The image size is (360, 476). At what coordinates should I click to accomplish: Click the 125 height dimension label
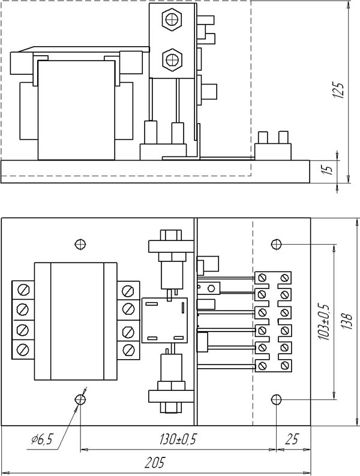click(339, 90)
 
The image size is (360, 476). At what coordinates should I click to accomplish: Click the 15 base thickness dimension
click(327, 169)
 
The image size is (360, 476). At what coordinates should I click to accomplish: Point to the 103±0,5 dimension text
click(325, 321)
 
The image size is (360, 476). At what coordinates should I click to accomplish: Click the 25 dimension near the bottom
click(292, 439)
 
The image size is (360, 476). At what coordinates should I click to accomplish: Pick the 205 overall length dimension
click(154, 463)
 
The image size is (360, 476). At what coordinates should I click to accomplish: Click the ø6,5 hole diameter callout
click(42, 439)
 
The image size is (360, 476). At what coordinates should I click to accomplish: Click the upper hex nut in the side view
click(172, 20)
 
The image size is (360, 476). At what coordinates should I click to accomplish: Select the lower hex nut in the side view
click(172, 59)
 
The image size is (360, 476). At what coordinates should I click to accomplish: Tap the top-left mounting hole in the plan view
click(80, 244)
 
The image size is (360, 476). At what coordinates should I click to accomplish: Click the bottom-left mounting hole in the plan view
click(80, 399)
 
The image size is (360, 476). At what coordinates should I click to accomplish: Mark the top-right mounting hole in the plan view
click(276, 244)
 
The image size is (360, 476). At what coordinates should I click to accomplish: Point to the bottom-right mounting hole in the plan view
click(276, 399)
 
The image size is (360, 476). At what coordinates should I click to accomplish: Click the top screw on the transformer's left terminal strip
click(23, 290)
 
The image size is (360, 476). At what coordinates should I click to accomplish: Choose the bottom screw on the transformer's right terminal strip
click(128, 350)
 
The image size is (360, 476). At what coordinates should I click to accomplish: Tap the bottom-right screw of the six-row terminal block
click(284, 365)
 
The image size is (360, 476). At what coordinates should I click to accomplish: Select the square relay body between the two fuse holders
click(164, 320)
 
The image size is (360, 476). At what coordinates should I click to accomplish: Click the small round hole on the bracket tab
click(199, 287)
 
